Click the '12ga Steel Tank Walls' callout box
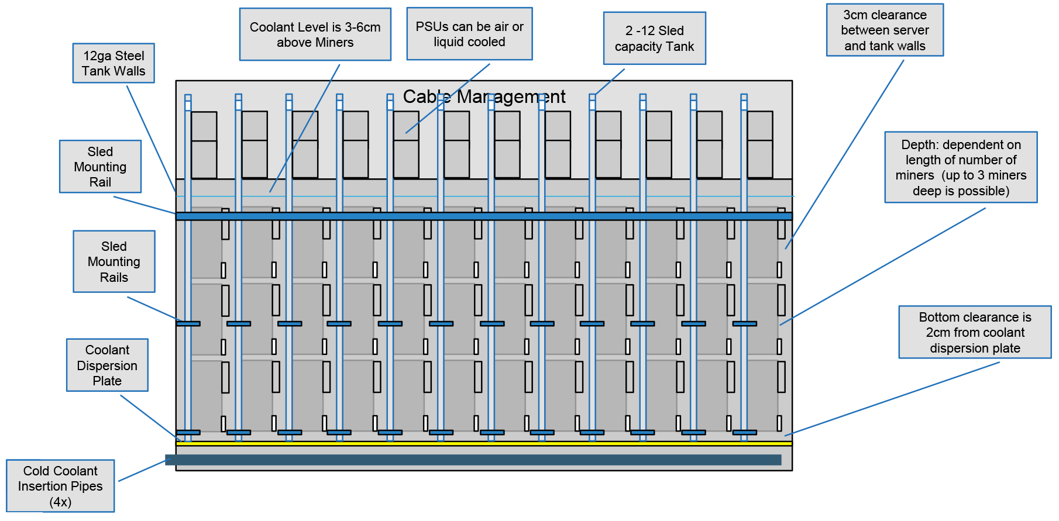pos(114,63)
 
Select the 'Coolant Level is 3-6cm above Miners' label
pos(315,34)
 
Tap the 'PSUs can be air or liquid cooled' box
pos(469,34)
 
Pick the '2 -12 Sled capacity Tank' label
pos(654,38)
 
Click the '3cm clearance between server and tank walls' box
pos(885,30)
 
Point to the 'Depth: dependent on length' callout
pos(961,167)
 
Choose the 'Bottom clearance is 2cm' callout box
pos(975,332)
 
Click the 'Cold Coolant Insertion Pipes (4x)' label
pos(60,486)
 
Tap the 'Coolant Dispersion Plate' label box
pos(107,365)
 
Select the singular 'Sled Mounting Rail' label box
pos(100,167)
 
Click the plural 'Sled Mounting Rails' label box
pos(114,261)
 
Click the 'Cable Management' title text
pos(484,96)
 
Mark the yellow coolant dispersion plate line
pos(484,444)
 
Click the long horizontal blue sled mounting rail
pos(484,216)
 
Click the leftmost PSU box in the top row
pos(204,144)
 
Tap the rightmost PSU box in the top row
pos(760,144)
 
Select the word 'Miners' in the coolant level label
pos(334,43)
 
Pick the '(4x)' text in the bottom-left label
pos(60,502)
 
